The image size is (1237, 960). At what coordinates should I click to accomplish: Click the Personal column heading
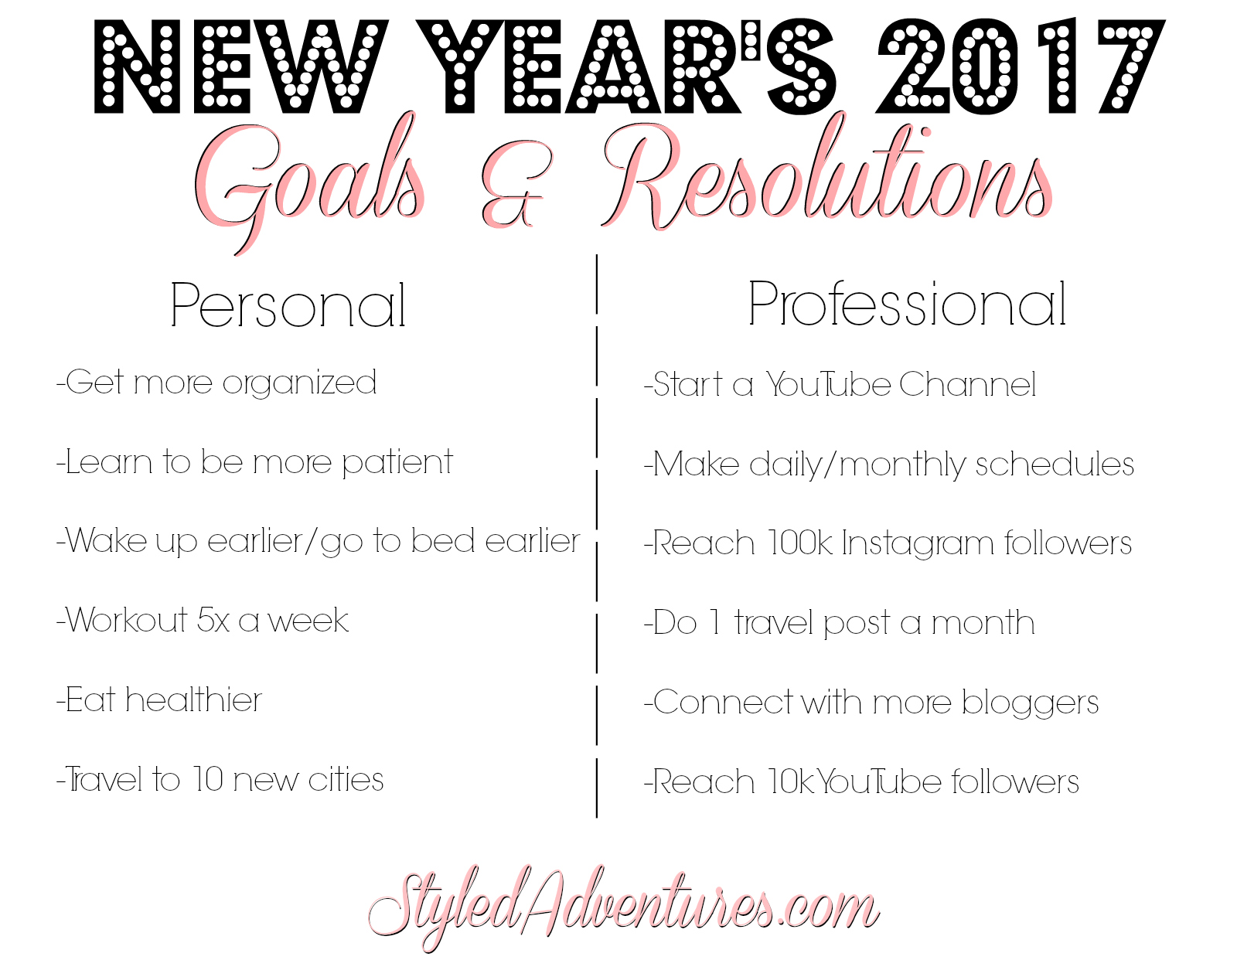pyautogui.click(x=288, y=305)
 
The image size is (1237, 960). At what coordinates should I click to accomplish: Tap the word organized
pyautogui.click(x=299, y=383)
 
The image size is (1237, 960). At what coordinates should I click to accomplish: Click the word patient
pyautogui.click(x=397, y=463)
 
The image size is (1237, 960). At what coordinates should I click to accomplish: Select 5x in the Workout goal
pyautogui.click(x=213, y=620)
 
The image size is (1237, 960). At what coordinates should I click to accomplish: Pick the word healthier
pyautogui.click(x=193, y=700)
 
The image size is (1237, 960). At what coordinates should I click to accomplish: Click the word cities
pyautogui.click(x=346, y=779)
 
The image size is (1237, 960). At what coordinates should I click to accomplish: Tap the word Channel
pyautogui.click(x=968, y=384)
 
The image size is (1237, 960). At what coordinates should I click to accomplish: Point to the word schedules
pyautogui.click(x=1055, y=464)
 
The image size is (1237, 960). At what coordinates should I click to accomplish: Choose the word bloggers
pyautogui.click(x=1031, y=703)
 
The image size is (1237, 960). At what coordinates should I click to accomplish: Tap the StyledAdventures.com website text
pyautogui.click(x=623, y=905)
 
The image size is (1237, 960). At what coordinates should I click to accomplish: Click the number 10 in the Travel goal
pyautogui.click(x=207, y=779)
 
